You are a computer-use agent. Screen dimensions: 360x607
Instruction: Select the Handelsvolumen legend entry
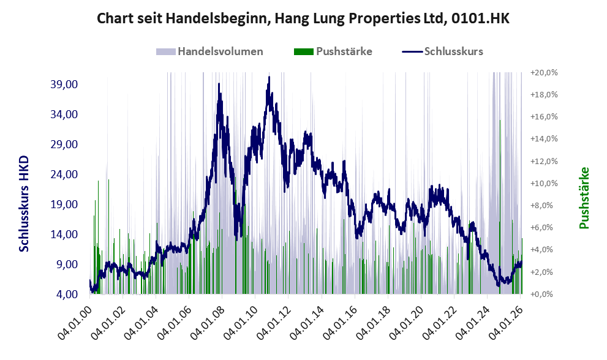pos(220,51)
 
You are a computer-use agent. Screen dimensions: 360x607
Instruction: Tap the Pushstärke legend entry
pos(344,51)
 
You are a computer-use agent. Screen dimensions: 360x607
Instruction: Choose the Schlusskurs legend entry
pos(453,51)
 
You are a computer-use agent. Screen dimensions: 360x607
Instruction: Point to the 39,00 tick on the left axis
pos(65,84)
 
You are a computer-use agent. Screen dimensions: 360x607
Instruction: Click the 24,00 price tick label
pos(65,174)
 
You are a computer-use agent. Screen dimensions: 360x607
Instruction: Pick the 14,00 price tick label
pos(65,234)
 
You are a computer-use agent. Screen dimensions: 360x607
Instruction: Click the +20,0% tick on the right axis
pos(543,73)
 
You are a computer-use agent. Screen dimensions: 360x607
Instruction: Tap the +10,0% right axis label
pos(543,184)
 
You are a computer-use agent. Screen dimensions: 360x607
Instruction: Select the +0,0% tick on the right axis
pos(543,294)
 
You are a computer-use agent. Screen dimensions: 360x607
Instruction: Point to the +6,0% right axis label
pos(543,228)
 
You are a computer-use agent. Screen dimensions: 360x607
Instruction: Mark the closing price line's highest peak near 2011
pos(269,77)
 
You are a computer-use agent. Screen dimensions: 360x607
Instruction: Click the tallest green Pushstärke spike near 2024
pos(500,121)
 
